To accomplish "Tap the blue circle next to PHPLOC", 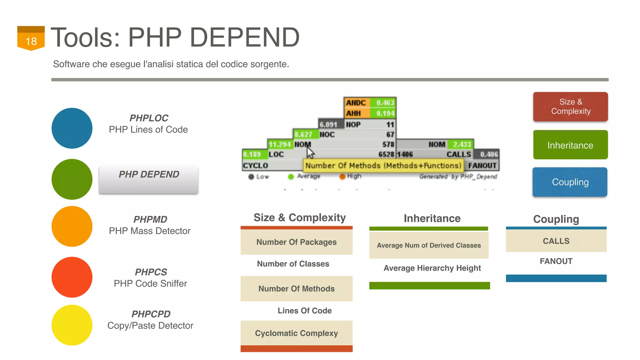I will point(72,128).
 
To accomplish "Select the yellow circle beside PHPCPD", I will point(72,325).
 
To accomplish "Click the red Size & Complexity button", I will point(570,107).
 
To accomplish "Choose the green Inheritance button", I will point(570,145).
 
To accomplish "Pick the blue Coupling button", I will point(570,182).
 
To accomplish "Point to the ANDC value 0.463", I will point(385,103).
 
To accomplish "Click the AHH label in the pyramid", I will point(353,113).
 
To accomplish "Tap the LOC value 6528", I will point(386,154).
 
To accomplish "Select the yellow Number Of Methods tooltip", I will point(383,165).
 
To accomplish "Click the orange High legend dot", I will point(342,177).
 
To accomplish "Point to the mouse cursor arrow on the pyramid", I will point(310,153).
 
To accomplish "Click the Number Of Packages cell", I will point(296,242).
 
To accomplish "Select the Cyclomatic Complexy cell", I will point(296,333).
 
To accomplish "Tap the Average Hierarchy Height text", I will point(432,268).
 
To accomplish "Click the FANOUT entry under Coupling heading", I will point(556,261).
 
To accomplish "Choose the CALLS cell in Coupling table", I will point(556,241).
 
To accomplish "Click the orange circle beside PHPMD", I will point(72,226).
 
